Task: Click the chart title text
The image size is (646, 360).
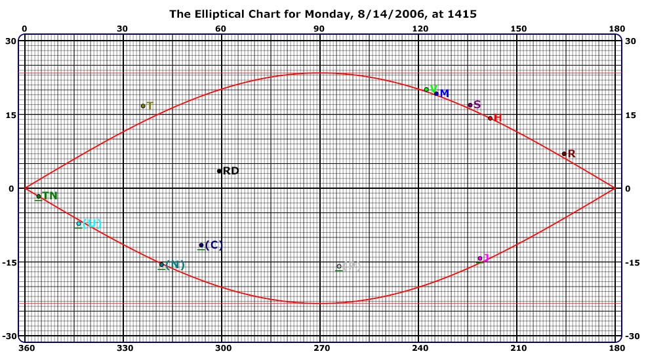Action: tap(323, 13)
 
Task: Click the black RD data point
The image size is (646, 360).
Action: tap(220, 171)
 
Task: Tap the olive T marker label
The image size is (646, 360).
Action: tap(150, 106)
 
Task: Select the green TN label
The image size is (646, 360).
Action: tap(49, 195)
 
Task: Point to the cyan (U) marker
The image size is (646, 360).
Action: tap(79, 224)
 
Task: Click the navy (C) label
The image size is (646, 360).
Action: tap(214, 245)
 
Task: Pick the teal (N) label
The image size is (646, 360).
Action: tap(174, 265)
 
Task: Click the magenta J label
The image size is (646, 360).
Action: tap(486, 258)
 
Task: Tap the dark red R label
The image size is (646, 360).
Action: tap(571, 154)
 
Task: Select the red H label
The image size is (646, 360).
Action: tap(498, 118)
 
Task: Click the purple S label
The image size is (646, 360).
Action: tap(477, 105)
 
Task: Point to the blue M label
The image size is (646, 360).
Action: tap(444, 94)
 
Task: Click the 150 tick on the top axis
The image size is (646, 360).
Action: tap(517, 29)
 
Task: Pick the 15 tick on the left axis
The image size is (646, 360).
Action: tap(11, 115)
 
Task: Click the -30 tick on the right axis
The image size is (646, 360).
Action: tap(630, 336)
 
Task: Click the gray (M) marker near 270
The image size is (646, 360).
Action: tap(339, 266)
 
